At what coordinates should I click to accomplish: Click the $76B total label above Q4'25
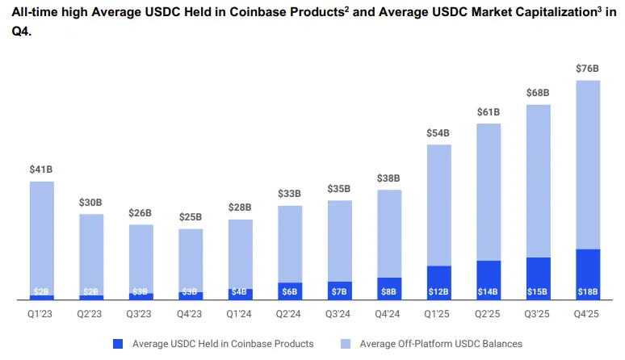(587, 69)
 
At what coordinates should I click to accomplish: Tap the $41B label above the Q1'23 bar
(42, 170)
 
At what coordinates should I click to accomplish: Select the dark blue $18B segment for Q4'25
(587, 274)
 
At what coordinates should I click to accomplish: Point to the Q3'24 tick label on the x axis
(339, 313)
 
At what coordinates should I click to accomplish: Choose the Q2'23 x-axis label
(91, 313)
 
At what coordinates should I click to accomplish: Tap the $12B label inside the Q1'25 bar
(438, 291)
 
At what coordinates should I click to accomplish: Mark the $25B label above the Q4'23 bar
(191, 217)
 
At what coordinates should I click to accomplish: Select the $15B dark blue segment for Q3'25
(538, 278)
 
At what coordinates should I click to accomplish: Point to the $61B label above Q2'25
(488, 111)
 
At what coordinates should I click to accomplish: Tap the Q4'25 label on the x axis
(587, 313)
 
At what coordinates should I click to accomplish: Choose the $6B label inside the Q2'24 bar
(290, 291)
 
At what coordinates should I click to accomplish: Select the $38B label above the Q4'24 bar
(389, 178)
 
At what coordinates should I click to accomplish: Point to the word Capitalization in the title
(529, 13)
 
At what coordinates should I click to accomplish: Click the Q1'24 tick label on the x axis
(240, 313)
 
